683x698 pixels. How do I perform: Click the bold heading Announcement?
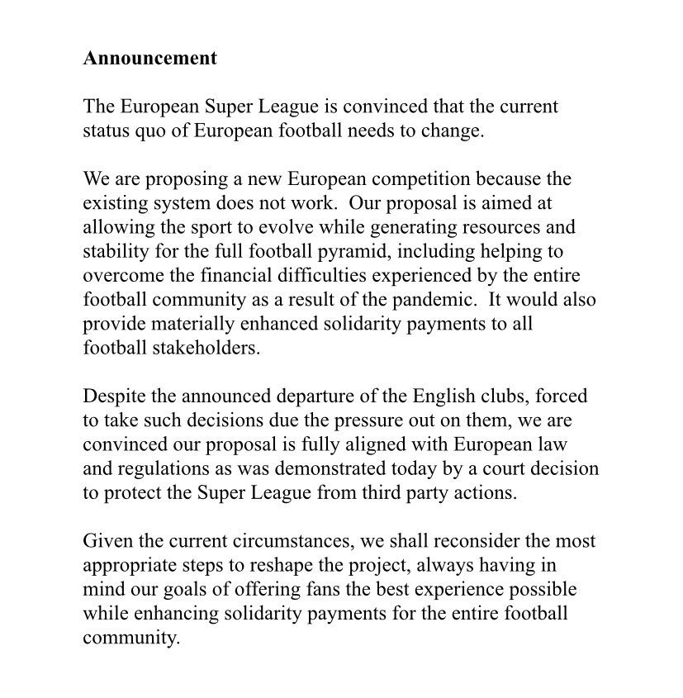[149, 59]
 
